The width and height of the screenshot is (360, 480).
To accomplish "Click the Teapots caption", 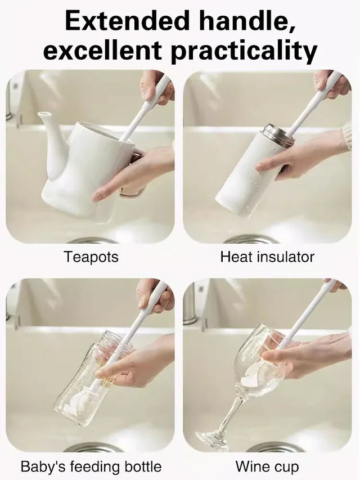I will pyautogui.click(x=91, y=257).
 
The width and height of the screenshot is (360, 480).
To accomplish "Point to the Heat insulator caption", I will pyautogui.click(x=267, y=257).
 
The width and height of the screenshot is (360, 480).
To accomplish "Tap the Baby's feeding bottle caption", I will pyautogui.click(x=91, y=466).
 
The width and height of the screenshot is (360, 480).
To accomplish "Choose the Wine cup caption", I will pyautogui.click(x=267, y=466).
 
